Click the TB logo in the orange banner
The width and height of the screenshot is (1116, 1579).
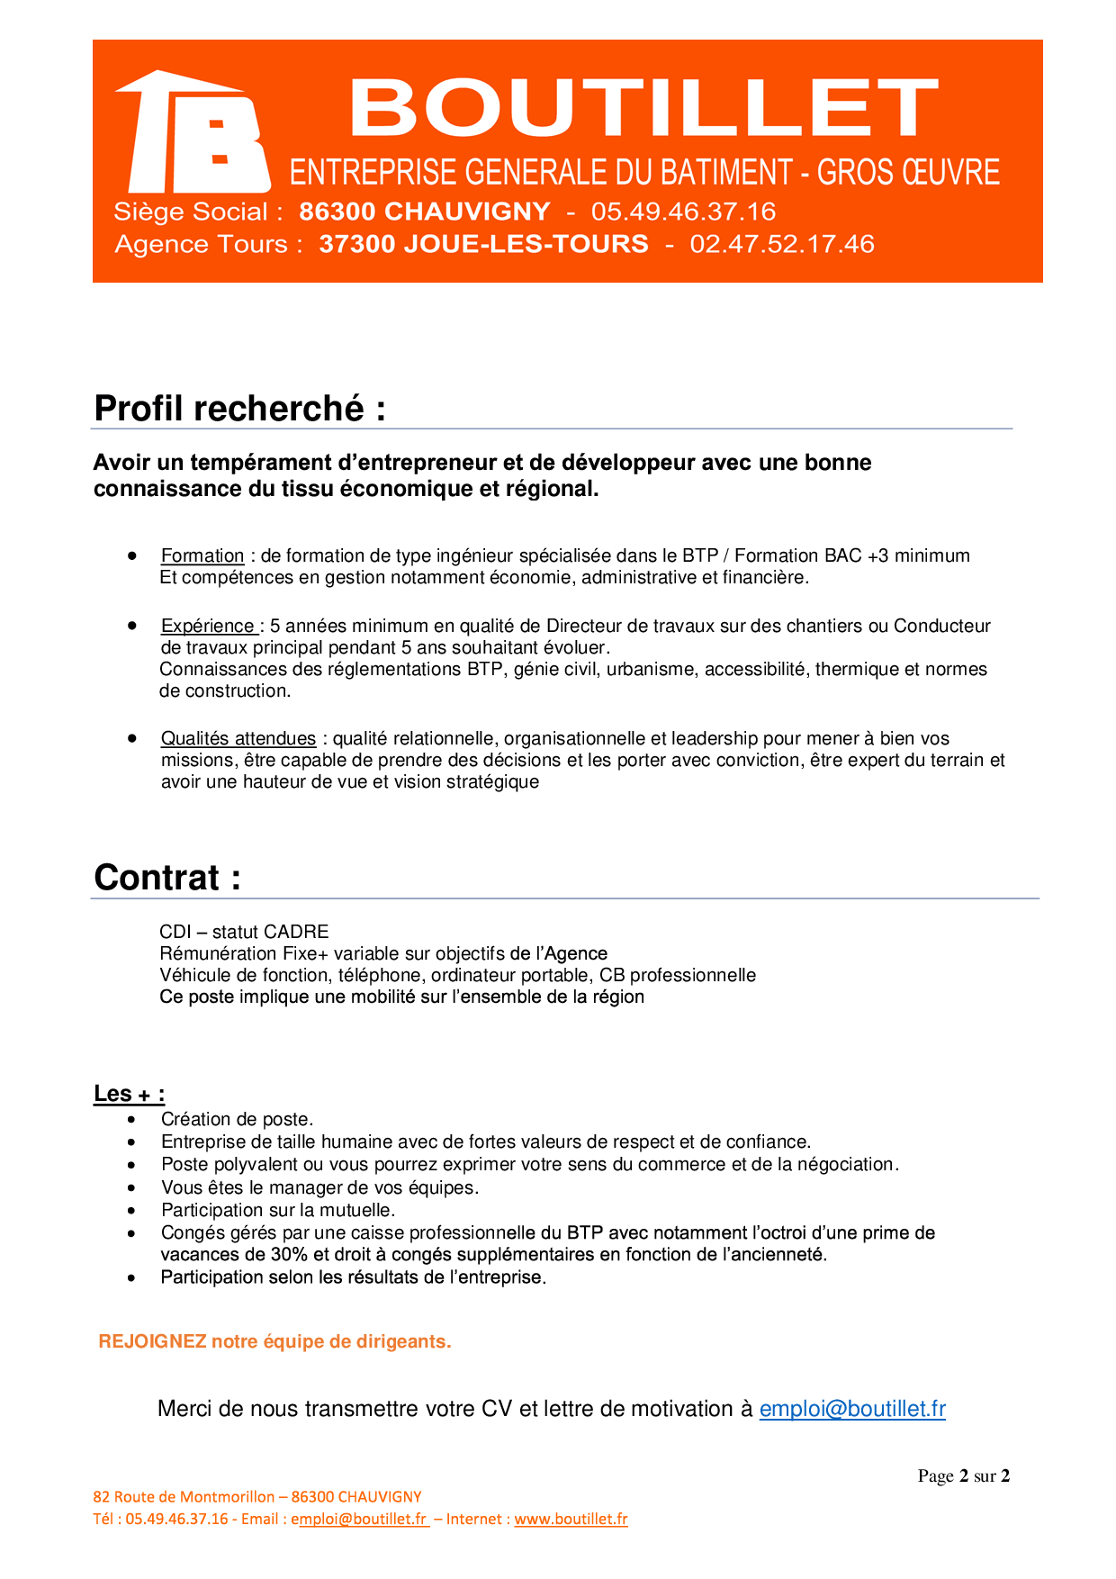(x=193, y=132)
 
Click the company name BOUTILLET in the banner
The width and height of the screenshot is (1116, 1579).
(x=643, y=108)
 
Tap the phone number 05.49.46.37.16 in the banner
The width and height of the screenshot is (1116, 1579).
(x=683, y=212)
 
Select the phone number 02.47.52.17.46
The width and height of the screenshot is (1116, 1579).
(x=782, y=244)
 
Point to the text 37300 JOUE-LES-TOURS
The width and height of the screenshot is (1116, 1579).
(x=483, y=244)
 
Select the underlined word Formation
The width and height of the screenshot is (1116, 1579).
(x=202, y=556)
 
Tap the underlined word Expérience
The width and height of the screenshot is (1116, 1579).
(x=208, y=627)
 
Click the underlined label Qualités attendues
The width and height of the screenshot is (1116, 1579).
(x=238, y=739)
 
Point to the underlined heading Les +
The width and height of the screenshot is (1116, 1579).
(x=129, y=1094)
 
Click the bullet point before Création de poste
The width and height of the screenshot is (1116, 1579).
(x=132, y=1120)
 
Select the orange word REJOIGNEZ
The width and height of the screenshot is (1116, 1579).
(x=152, y=1342)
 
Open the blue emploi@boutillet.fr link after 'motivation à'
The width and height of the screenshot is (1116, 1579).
(x=852, y=1410)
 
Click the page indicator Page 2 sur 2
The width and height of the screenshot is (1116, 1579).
(x=963, y=1476)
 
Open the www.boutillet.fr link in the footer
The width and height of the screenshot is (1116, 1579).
(x=571, y=1520)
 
